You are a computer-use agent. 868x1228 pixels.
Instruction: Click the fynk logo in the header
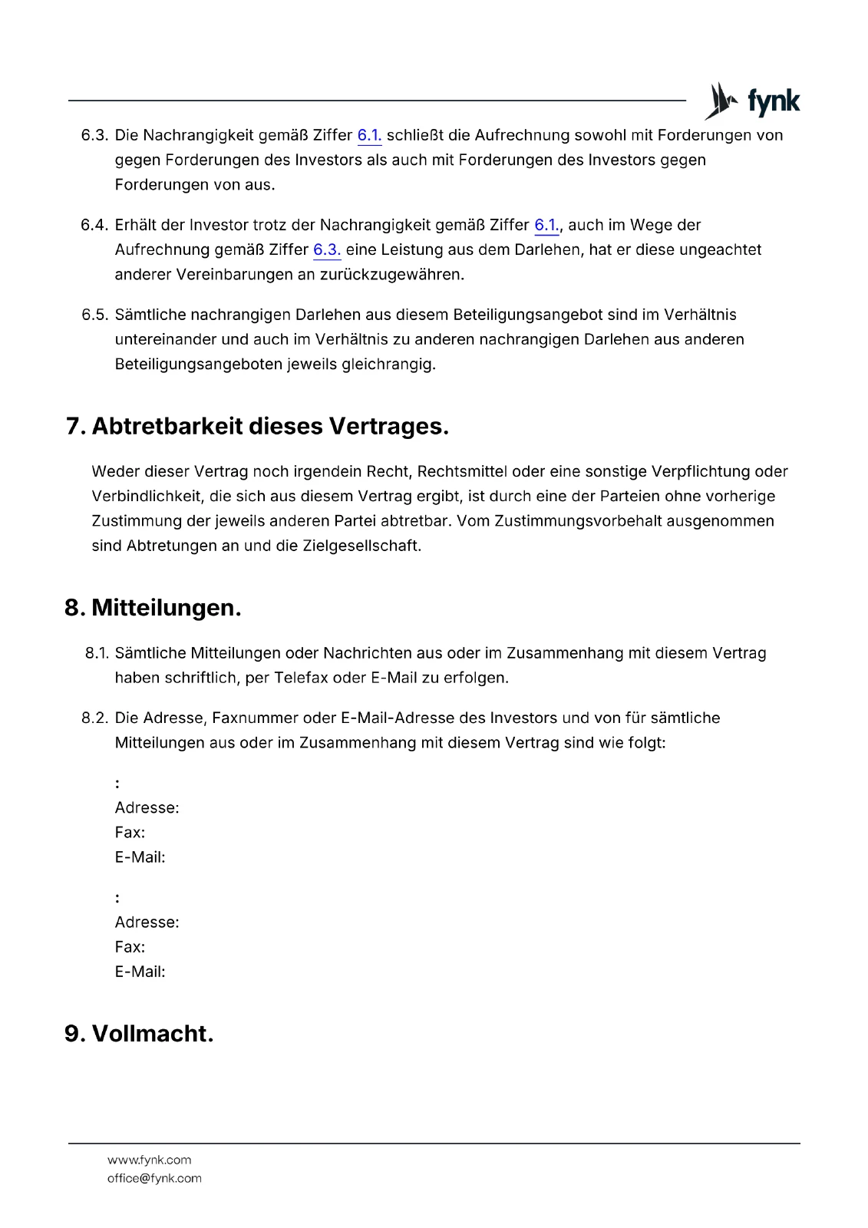752,101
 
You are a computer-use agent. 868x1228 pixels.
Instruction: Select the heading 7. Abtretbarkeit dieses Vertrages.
257,426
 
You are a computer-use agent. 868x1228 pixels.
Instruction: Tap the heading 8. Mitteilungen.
153,608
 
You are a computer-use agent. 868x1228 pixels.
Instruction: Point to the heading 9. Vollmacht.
139,1034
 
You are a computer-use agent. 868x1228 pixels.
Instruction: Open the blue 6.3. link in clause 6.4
327,250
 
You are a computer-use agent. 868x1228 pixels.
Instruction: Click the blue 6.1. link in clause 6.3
369,136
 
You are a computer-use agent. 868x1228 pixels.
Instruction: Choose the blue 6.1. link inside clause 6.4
546,226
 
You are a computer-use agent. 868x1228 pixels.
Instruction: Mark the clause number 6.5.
94,315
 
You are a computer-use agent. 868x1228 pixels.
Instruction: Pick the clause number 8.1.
96,653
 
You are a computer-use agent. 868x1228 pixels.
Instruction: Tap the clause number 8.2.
94,718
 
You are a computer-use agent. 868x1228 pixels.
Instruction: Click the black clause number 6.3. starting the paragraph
94,136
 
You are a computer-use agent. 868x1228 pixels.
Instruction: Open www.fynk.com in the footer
150,1160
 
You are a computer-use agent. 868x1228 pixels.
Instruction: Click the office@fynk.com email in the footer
154,1179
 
